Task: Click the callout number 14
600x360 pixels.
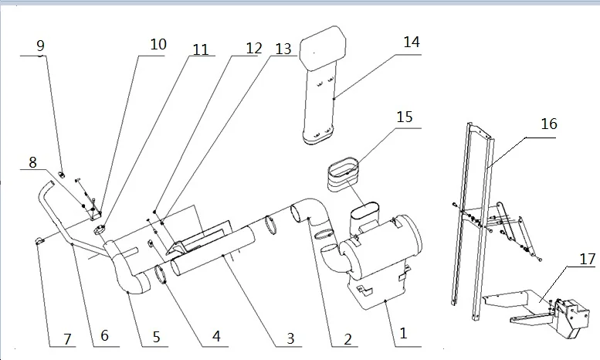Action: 412,42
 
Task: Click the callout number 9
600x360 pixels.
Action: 41,46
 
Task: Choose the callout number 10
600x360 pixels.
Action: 158,45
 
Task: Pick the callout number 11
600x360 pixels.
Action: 201,49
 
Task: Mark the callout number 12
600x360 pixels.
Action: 254,48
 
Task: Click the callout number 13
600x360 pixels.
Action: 283,49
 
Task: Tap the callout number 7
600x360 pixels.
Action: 67,338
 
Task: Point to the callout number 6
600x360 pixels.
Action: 104,337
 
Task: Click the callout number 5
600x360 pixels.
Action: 156,337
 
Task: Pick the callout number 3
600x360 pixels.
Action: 290,338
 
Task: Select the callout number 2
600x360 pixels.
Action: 348,338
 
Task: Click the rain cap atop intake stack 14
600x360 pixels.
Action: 322,48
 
